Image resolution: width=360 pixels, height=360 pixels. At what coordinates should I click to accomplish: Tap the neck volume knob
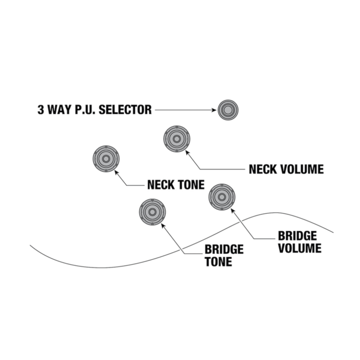point(178,139)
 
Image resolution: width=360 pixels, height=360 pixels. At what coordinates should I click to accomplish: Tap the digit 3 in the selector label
point(40,110)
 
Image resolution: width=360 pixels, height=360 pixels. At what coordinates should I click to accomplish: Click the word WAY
point(60,110)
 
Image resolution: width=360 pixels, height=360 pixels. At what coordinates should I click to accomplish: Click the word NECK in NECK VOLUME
point(263,169)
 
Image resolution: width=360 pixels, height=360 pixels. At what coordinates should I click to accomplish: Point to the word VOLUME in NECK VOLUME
point(302,169)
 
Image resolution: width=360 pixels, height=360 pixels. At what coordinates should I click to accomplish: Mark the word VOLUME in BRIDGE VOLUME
point(299,248)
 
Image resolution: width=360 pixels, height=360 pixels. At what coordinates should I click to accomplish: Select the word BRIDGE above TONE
point(224,250)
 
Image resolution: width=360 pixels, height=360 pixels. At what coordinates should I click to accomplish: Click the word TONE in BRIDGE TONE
point(218,262)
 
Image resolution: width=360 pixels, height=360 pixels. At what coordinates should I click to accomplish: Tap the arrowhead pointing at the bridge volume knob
point(233,210)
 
